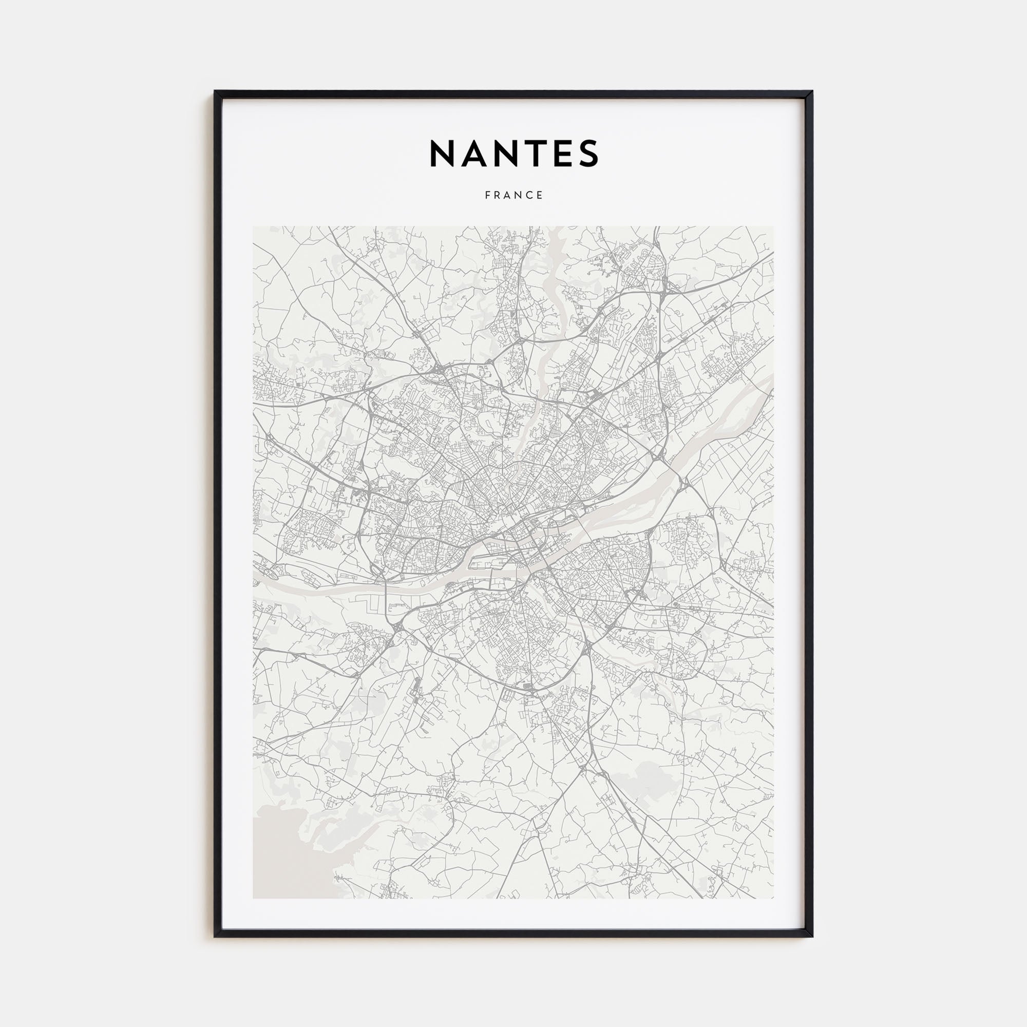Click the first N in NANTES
tap(442, 154)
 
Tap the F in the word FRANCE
tap(487, 195)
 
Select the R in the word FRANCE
tap(498, 195)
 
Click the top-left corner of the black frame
tap(215, 92)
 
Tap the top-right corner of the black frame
tap(812, 92)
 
